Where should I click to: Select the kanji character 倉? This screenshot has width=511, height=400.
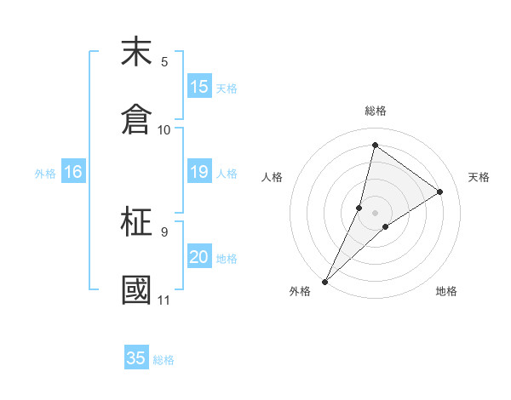point(136,118)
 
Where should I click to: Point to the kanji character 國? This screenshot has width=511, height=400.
point(136,289)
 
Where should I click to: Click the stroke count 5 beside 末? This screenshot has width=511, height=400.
point(164,62)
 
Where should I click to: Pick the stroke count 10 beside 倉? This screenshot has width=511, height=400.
point(164,130)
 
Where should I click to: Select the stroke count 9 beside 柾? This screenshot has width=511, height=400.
point(164,231)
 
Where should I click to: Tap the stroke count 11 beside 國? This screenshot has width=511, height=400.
point(164,300)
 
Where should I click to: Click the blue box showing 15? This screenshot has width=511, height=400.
point(198,87)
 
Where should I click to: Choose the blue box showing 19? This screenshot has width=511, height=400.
point(198,172)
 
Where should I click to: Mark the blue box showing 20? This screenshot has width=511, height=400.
point(198,257)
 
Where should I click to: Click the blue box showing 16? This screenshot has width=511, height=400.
point(72,172)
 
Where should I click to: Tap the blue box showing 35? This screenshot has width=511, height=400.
point(136,358)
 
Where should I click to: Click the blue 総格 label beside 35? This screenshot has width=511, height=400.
point(164,360)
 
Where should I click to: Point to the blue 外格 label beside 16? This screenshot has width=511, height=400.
point(45,174)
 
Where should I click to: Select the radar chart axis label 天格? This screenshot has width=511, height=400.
point(479,177)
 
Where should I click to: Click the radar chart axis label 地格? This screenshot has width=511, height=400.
point(446,291)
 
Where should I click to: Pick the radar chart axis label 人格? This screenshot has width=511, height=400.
point(272,177)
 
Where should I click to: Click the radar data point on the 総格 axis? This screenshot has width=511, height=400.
point(375,144)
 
